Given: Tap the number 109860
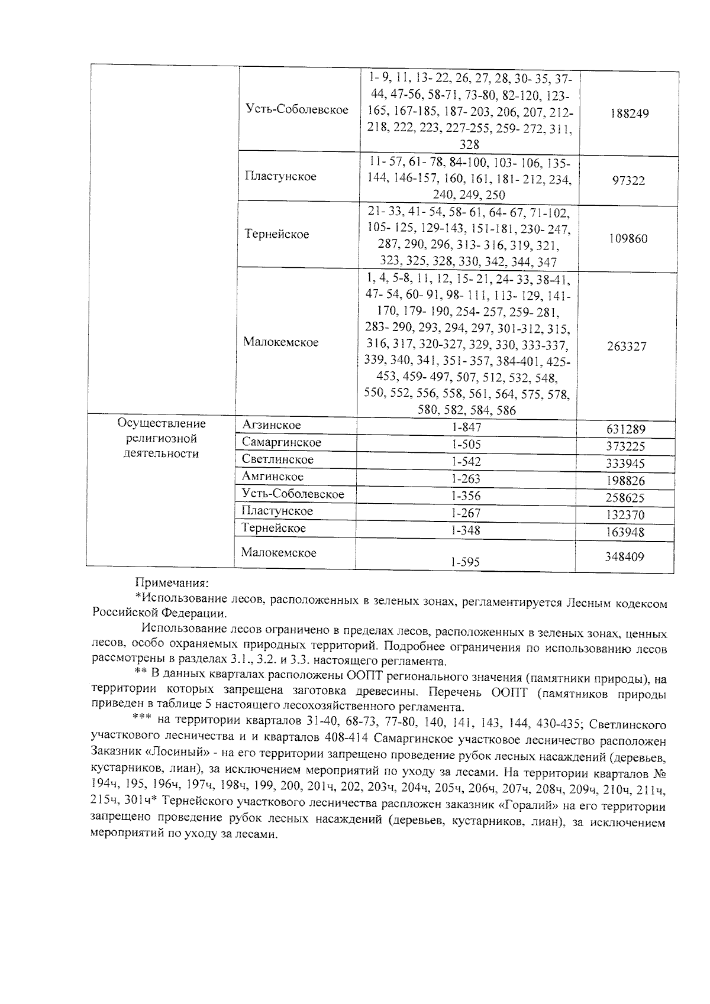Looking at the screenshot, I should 628,239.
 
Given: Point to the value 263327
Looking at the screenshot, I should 627,346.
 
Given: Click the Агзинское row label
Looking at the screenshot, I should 272,425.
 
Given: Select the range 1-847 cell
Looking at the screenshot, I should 466,427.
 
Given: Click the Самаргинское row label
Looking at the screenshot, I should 282,442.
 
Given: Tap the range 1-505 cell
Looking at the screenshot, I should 466,445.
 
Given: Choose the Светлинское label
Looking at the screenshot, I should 277,459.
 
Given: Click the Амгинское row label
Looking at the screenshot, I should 273,477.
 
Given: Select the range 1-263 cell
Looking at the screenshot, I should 466,479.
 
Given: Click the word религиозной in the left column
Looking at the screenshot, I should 161,439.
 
